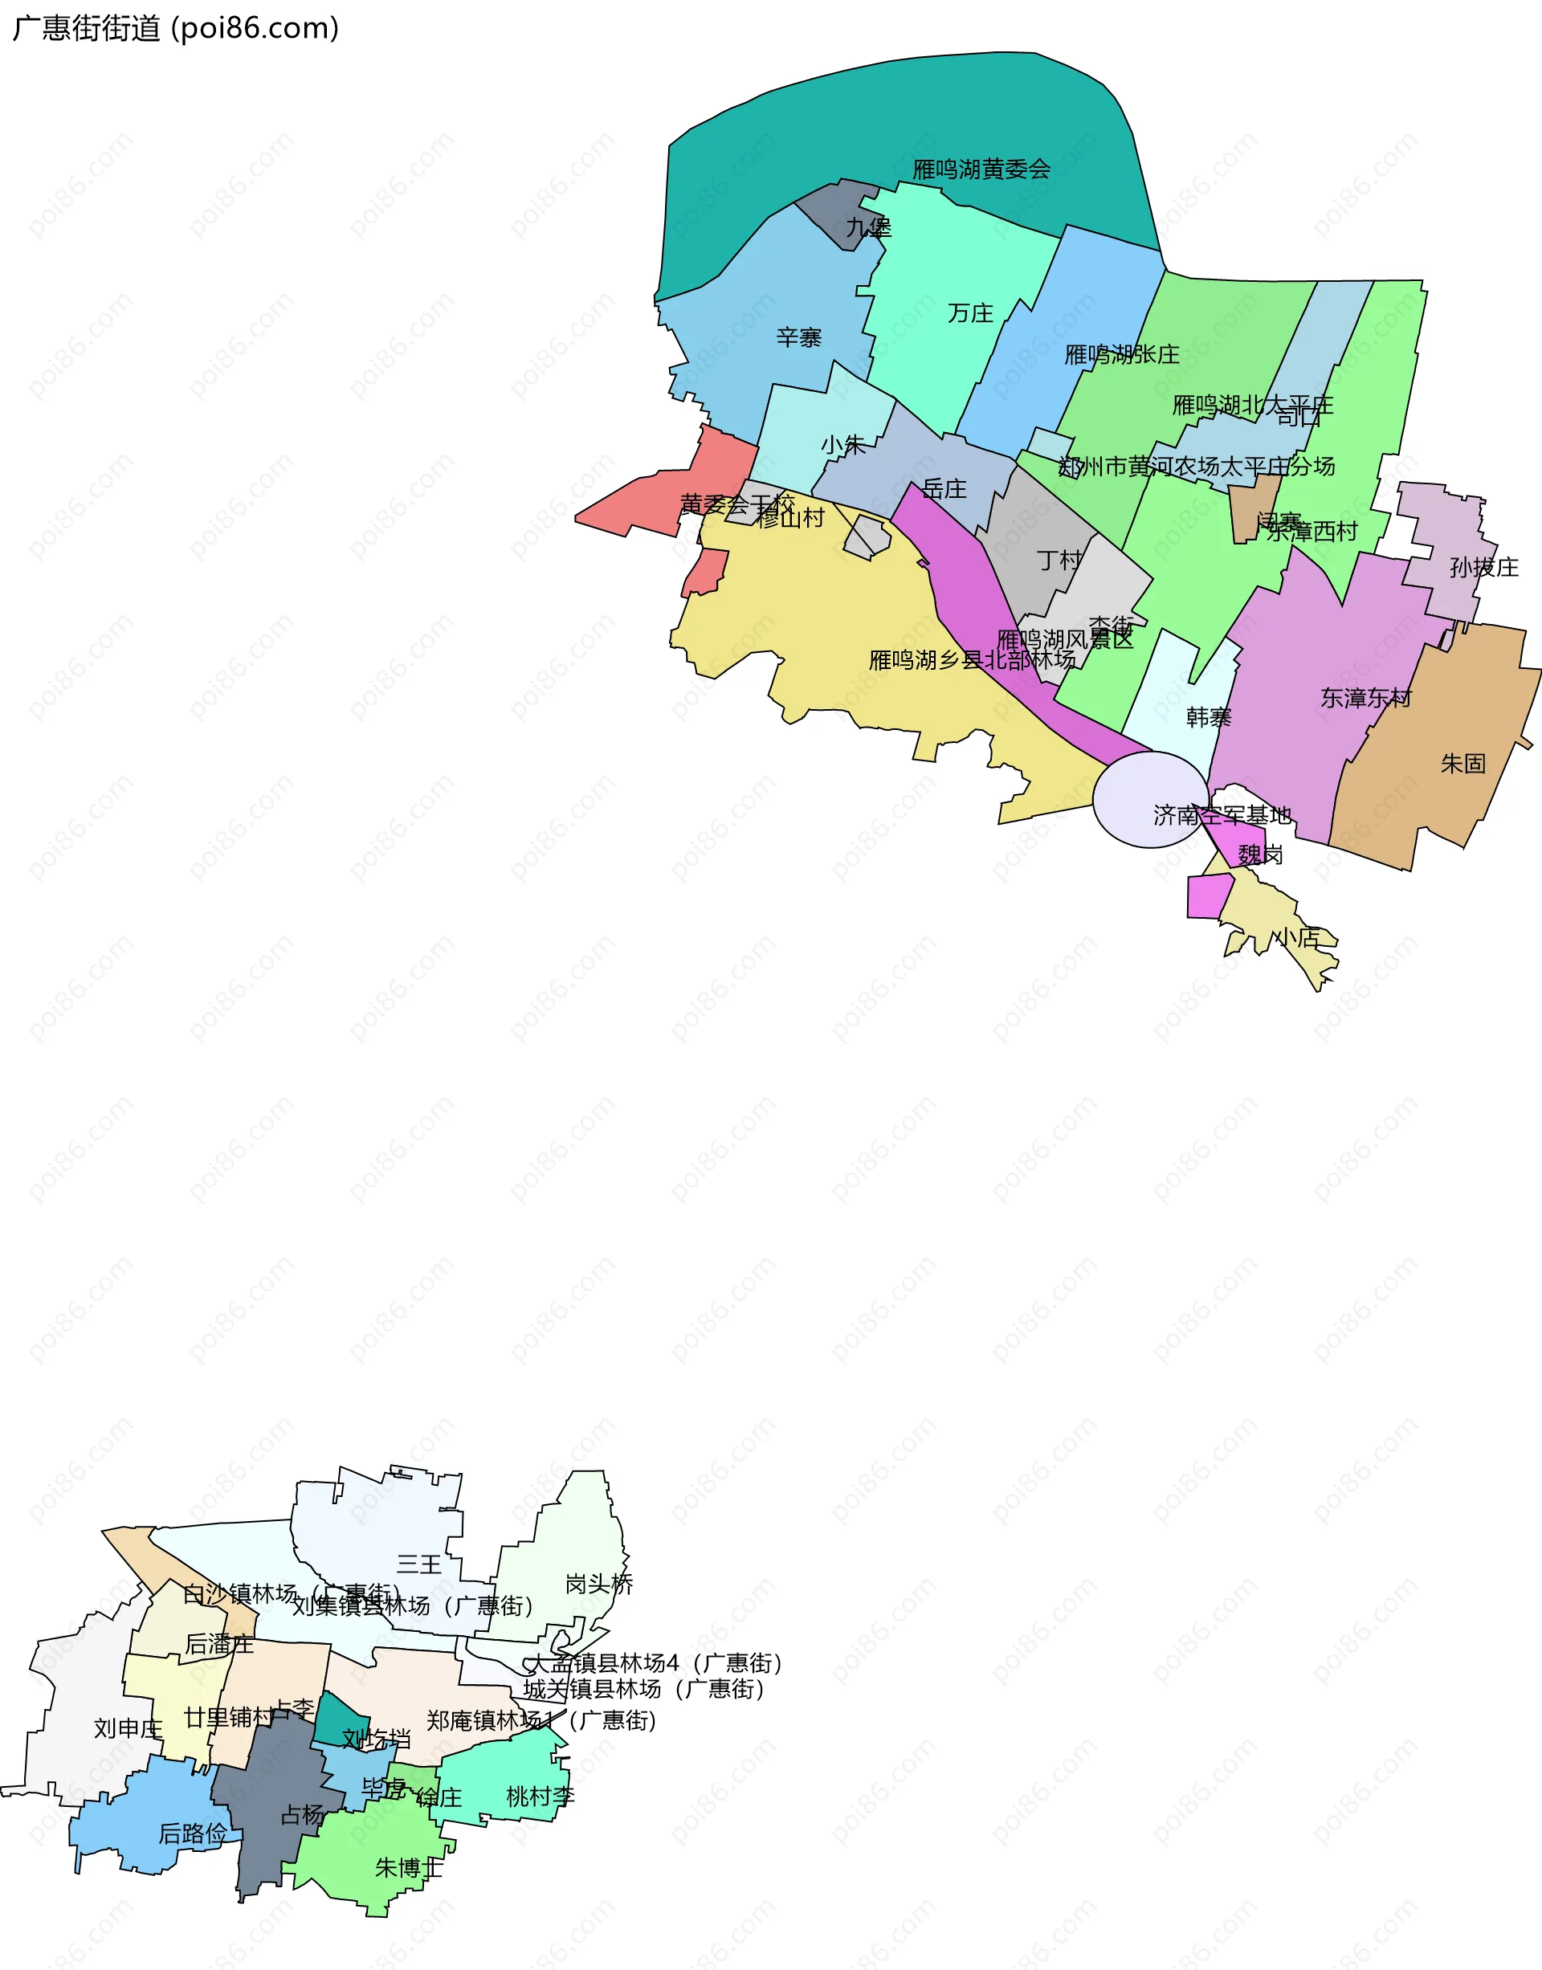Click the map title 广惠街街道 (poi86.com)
[176, 28]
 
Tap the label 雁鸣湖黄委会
[981, 169]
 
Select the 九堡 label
[867, 227]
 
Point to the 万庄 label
[970, 313]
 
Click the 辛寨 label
[799, 337]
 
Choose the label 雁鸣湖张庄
[1121, 354]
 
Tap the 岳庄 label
[944, 489]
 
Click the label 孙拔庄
[1484, 567]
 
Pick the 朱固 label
[1462, 764]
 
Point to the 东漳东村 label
[1366, 698]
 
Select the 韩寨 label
[1208, 718]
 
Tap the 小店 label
[1296, 938]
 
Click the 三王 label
[419, 1564]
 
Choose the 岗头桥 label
[598, 1584]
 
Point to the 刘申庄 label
[128, 1728]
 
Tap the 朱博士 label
[409, 1867]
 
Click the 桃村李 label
[540, 1796]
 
